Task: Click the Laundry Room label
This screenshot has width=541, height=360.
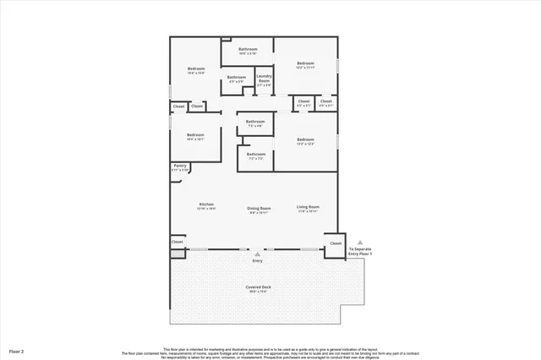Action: pos(264,80)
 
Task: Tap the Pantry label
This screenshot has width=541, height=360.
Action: pos(180,166)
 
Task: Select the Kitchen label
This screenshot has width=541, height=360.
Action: pos(206,205)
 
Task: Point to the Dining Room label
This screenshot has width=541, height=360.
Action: pos(259,208)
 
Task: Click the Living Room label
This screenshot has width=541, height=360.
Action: pos(308,207)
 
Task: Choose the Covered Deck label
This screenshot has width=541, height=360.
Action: pos(260,287)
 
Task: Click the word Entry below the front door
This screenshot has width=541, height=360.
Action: pos(258,260)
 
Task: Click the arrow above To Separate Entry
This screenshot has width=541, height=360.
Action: pos(359,242)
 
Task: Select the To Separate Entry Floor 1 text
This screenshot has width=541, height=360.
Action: pos(360,251)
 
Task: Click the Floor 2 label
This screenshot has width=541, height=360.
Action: pos(16,349)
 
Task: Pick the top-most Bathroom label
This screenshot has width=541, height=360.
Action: pos(248,50)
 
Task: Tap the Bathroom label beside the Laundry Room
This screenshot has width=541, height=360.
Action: pos(237,79)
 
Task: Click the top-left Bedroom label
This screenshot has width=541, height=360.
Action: pos(195,69)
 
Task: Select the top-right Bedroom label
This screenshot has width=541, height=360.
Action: pos(305,64)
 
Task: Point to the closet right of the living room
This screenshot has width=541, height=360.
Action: pos(336,243)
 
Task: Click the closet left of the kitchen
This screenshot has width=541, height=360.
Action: pos(178,242)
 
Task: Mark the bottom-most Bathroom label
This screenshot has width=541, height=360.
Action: pos(256,155)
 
